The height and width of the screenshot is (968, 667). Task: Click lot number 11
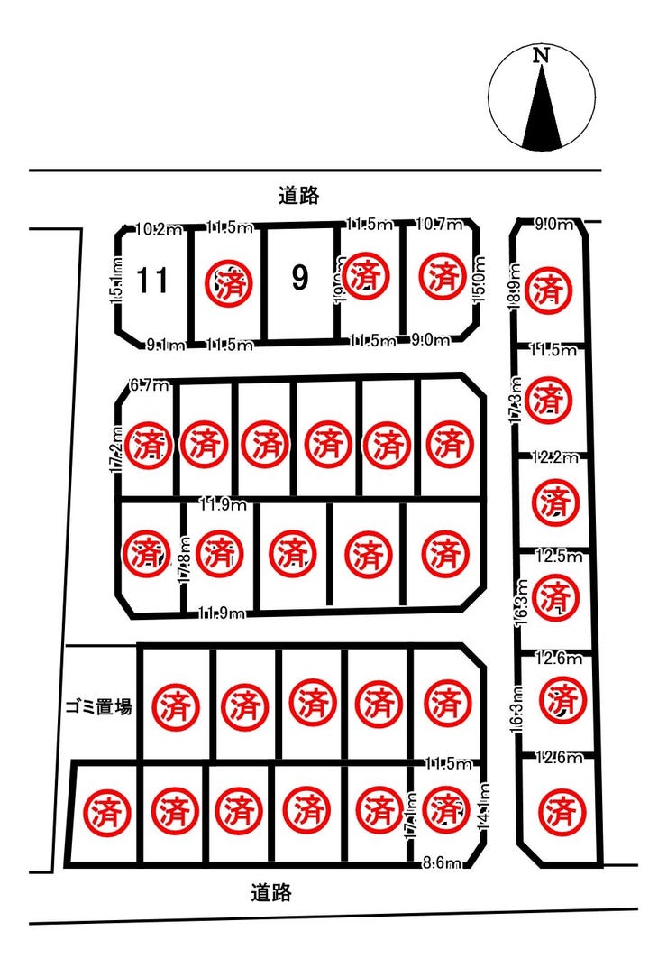pos(152,281)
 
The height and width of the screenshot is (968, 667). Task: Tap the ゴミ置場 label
pos(98,707)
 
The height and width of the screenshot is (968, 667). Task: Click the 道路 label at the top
pos(299,194)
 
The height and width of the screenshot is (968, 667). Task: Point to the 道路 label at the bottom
pos(271,893)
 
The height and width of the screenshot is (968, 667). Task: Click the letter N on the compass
pos(541,55)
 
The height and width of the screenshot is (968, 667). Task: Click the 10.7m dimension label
pos(439,224)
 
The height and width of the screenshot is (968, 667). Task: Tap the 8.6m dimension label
pos(442,863)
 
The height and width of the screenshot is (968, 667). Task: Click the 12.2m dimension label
pos(555,457)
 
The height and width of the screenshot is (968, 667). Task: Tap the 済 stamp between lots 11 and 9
pos(224,284)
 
